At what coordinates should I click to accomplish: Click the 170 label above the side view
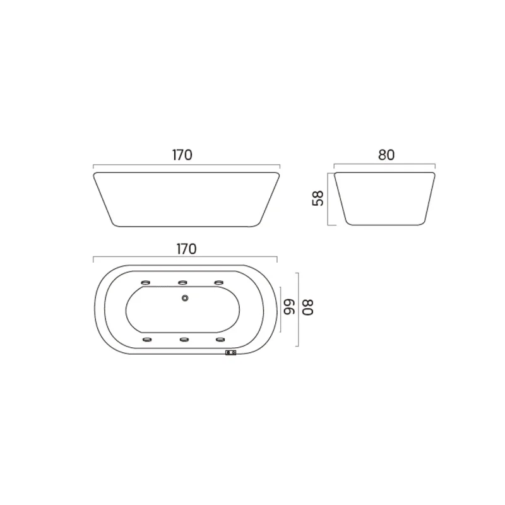coord(182,155)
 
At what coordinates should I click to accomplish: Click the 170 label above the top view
coord(186,249)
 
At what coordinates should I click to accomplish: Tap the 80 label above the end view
coord(386,155)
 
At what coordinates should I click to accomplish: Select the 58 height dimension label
coord(318,198)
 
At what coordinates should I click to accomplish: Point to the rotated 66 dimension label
coord(289,307)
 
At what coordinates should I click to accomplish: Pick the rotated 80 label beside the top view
coord(308,307)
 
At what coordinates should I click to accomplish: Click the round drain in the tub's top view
coord(185,298)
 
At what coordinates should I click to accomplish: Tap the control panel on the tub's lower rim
coord(230,353)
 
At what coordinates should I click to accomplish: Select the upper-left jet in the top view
coord(146,282)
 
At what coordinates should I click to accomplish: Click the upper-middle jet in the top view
coord(182,282)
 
